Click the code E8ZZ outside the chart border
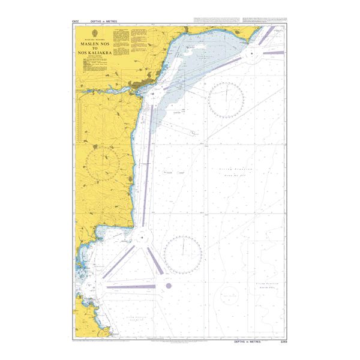point(74,22)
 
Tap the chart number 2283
point(284,342)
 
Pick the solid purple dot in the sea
point(169,286)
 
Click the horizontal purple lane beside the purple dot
point(130,287)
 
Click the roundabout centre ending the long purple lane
point(142,237)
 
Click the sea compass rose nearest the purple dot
point(182,254)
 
